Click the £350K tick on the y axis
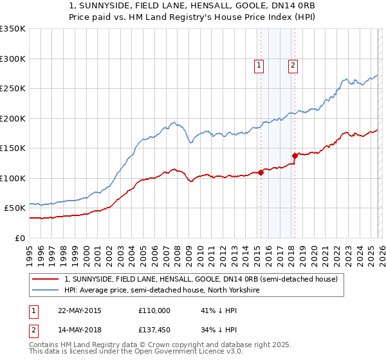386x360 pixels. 13,29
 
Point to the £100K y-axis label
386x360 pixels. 13,178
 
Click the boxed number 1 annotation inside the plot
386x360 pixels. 259,64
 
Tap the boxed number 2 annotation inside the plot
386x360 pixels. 293,64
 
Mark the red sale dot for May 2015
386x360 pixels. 261,172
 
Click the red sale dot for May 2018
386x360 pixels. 295,156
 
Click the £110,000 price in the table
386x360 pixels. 154,310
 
